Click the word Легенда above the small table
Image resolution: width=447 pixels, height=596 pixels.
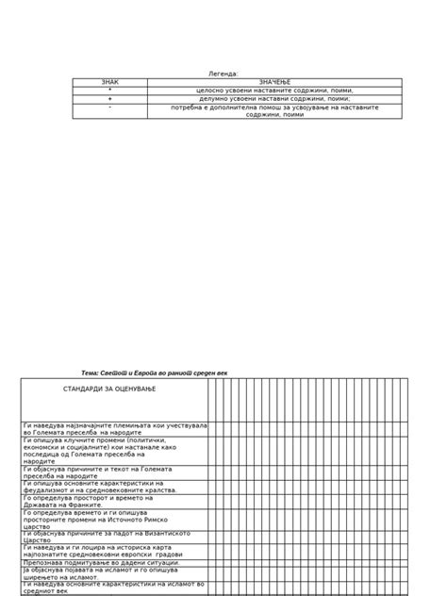(223, 74)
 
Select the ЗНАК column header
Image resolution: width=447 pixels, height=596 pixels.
(110, 83)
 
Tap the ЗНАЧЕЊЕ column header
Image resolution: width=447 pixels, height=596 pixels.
(274, 83)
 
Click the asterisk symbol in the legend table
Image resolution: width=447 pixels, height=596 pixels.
(110, 91)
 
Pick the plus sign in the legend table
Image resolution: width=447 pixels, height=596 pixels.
(110, 98)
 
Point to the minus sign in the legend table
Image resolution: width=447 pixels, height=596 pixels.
(110, 108)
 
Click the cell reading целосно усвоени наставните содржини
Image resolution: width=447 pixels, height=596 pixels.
(274, 91)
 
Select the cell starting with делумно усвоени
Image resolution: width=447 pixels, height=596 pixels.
(274, 98)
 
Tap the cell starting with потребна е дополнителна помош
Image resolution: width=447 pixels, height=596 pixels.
(274, 111)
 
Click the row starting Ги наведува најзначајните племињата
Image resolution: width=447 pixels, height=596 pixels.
(115, 429)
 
